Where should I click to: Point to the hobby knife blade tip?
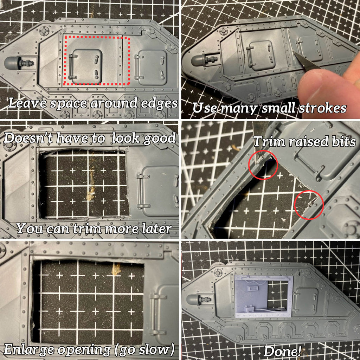pos(294,52)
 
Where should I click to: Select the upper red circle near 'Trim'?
pos(263,165)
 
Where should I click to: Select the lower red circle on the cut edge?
pos(309,205)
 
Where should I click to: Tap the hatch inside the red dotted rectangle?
pos(86,67)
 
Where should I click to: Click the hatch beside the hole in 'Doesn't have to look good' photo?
pos(158,190)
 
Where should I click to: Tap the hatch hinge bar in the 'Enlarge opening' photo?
pos(154,314)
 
